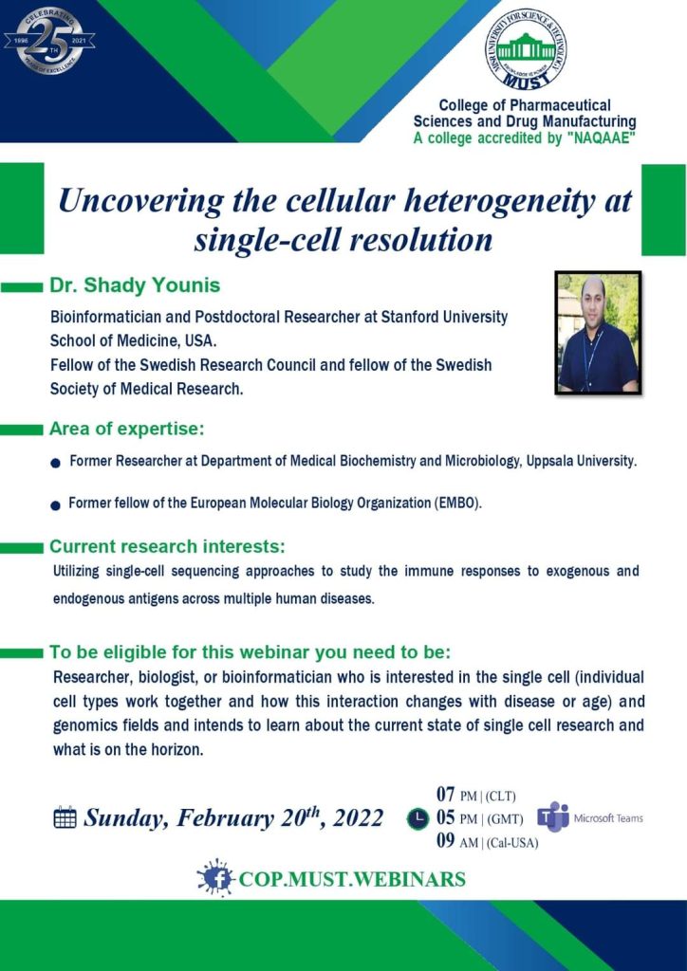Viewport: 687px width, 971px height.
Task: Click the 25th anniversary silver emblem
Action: click(x=48, y=41)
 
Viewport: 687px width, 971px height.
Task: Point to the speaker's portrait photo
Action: click(x=598, y=333)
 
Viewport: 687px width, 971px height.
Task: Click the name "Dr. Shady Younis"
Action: click(x=135, y=286)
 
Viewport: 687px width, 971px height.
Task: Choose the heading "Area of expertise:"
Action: click(x=127, y=429)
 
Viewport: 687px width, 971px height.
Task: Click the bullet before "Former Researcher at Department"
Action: click(x=56, y=463)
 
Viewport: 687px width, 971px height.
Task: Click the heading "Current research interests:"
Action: click(x=167, y=547)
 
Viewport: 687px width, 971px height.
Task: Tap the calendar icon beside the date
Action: click(x=65, y=818)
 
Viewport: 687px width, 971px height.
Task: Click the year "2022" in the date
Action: click(x=358, y=818)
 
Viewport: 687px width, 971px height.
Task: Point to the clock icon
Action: click(x=418, y=818)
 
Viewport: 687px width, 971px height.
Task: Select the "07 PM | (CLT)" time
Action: click(x=475, y=796)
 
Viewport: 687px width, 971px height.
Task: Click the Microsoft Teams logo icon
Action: click(x=552, y=817)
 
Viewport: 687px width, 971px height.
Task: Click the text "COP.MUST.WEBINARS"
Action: click(x=352, y=879)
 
